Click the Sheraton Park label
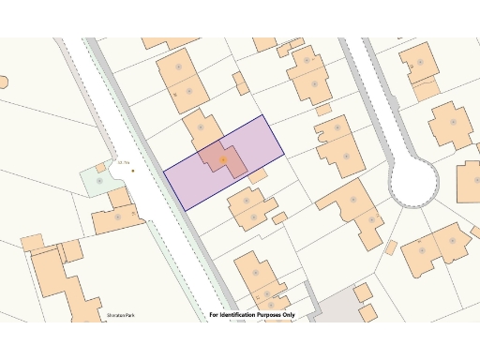pos(121,315)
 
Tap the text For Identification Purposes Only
pos(251,315)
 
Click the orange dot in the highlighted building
pos(223,160)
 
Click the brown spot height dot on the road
pos(132,170)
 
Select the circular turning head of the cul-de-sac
pos(413,182)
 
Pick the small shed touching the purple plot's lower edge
pos(257,175)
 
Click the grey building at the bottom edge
pos(333,310)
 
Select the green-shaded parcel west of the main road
pos(97,179)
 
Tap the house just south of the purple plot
pos(249,208)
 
